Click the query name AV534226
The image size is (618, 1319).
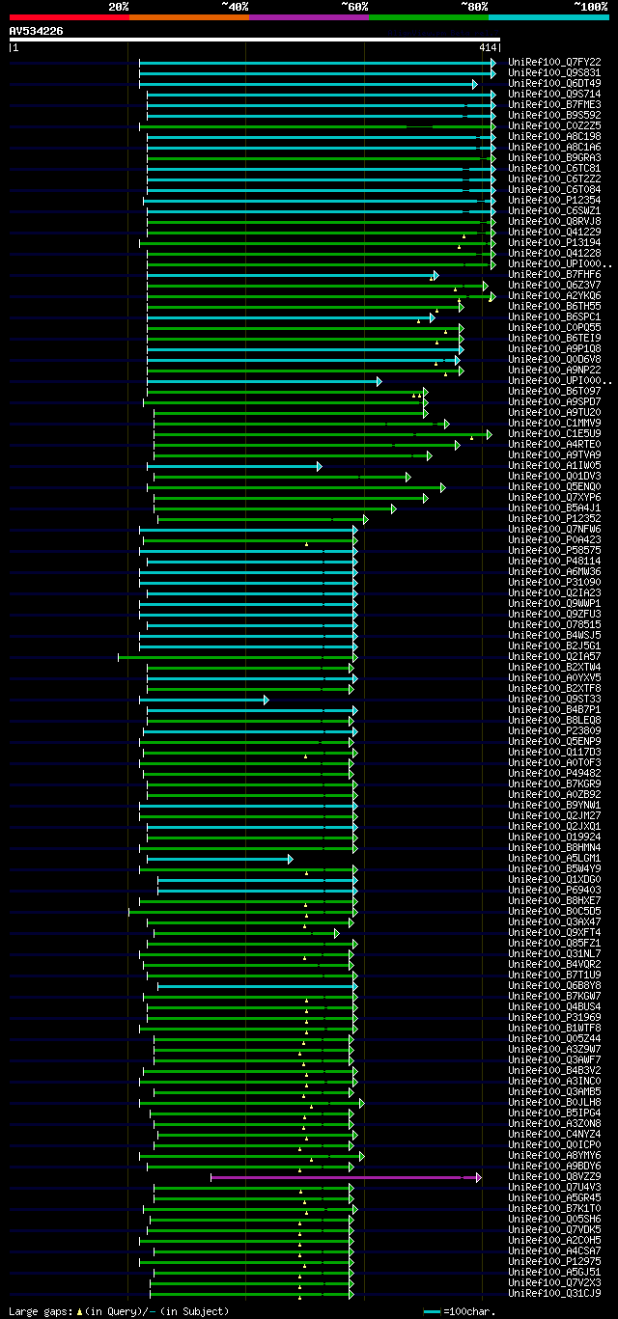coord(37,31)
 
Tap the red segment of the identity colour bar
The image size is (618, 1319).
coord(69,16)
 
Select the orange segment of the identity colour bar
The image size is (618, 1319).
coord(188,16)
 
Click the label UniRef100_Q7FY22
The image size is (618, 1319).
coord(554,62)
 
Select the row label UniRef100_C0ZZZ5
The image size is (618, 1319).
coord(554,125)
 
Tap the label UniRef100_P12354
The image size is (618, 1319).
coord(554,200)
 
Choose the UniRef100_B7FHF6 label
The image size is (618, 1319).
coord(554,275)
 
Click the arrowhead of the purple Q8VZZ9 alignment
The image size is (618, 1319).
coord(478,1177)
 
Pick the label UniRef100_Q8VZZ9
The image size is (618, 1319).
coord(554,1177)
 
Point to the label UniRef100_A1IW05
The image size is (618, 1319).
coord(554,466)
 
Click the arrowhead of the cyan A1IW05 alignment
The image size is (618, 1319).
coord(319,466)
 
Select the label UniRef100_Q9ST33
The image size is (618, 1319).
coord(554,700)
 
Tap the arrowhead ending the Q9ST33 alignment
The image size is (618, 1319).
coord(266,700)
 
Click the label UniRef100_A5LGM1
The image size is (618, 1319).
coord(554,859)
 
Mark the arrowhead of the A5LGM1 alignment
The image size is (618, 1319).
coord(290,859)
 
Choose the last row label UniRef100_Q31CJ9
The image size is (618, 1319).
coord(554,1294)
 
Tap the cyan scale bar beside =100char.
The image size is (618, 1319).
coord(432,1312)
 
